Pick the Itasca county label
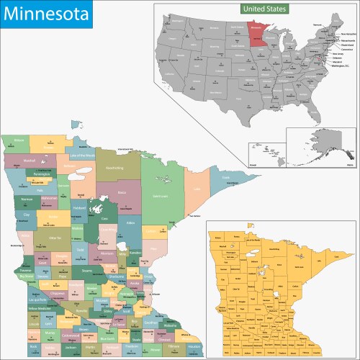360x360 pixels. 122,192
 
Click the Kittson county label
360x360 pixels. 19,140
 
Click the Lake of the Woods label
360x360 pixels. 81,155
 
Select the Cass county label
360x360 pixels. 104,218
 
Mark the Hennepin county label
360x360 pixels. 125,295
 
